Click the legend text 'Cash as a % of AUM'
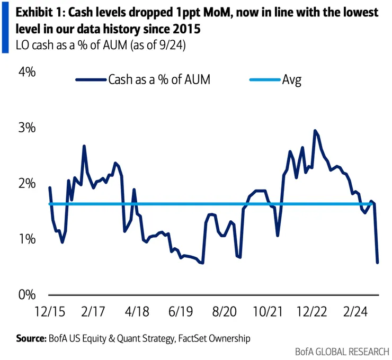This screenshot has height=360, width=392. coord(159,80)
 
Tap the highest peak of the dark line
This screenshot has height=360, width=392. coord(315,130)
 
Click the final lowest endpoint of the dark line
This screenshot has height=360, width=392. coord(378,262)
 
